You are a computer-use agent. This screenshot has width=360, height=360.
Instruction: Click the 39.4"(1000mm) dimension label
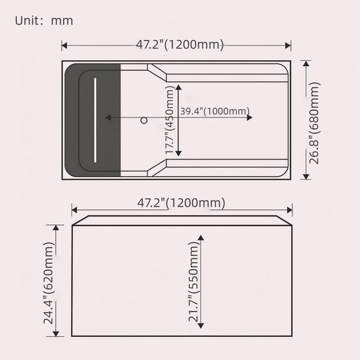(x=215, y=111)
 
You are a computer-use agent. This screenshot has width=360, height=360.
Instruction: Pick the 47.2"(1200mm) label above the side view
(x=181, y=203)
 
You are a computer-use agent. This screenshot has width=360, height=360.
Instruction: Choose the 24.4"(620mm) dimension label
(x=49, y=284)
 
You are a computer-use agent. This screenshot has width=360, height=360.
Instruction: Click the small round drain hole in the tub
(x=143, y=121)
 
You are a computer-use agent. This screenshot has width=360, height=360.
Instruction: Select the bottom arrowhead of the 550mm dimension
(x=201, y=326)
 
